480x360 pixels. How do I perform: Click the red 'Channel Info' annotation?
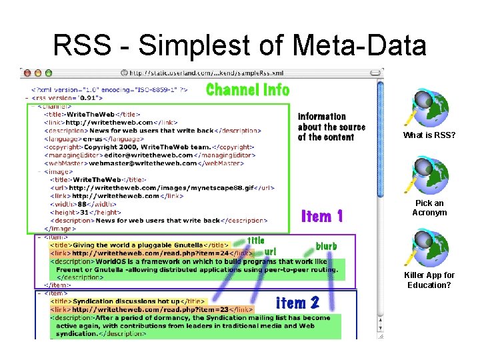tap(247, 89)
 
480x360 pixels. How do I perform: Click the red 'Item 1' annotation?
tap(323, 216)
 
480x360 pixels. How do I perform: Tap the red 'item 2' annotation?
tap(297, 303)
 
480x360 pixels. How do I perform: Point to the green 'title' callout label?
tap(256, 240)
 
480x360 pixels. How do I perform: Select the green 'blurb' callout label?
tap(326, 246)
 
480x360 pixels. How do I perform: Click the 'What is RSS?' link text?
tap(429, 135)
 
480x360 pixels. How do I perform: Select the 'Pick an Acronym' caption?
tap(429, 207)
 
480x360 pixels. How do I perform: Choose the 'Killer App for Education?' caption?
tap(429, 280)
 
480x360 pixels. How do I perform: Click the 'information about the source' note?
tap(331, 127)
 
